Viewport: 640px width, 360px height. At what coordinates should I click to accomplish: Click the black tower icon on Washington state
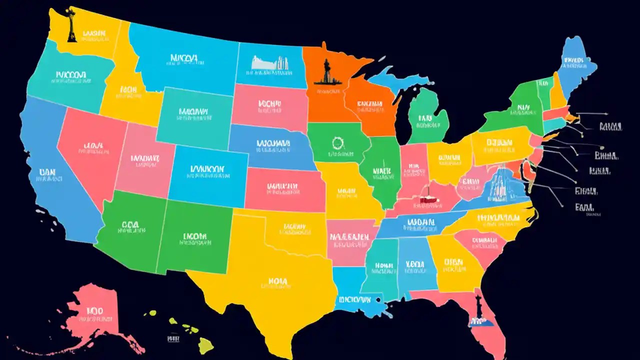(x=71, y=30)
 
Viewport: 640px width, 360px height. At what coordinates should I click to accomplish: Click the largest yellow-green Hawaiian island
(x=205, y=345)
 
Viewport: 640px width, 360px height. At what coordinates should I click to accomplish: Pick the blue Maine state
(x=575, y=62)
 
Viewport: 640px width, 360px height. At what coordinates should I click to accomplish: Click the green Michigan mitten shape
(x=427, y=115)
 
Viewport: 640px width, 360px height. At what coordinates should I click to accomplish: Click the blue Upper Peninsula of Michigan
(x=395, y=80)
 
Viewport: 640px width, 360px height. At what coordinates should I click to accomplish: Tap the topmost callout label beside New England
(x=609, y=125)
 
